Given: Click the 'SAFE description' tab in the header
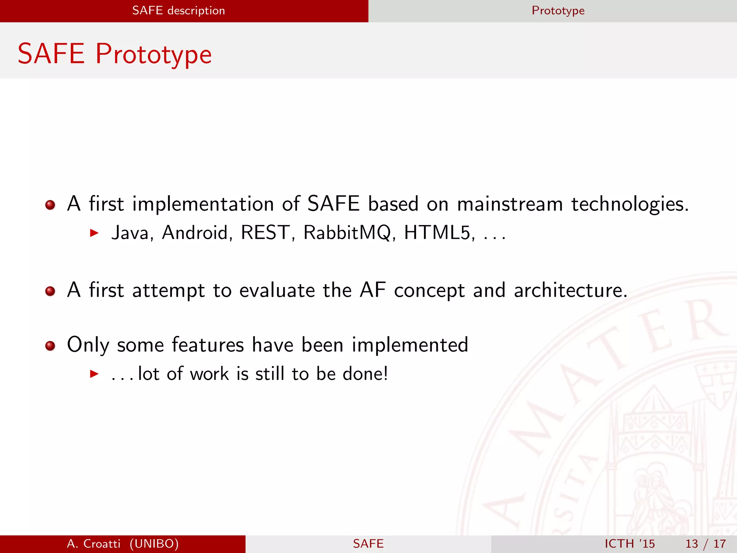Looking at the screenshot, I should point(178,11).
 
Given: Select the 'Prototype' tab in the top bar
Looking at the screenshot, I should point(558,11).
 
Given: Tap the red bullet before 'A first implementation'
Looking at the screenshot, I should point(50,205).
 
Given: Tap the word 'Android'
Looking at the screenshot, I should point(195,233).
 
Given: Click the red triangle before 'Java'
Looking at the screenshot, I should point(94,233).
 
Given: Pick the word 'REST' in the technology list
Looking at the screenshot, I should point(266,233).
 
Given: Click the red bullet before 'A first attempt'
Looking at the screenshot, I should point(50,291).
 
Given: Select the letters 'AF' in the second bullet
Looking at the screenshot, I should point(372,290).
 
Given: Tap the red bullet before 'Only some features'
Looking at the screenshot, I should point(50,346).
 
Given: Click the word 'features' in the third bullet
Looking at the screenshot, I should point(208,345).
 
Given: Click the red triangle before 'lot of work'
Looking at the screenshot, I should point(94,374).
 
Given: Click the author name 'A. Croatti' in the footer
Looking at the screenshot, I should point(94,544).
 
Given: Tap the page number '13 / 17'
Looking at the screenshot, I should point(705,544).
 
